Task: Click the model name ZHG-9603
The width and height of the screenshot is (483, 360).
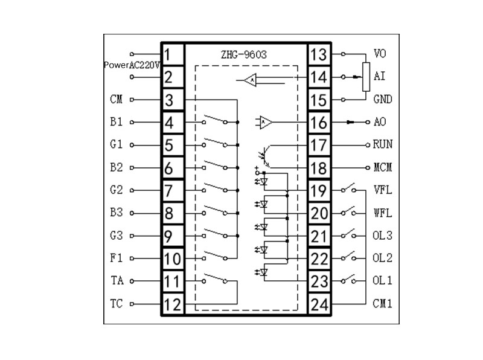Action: coord(244,54)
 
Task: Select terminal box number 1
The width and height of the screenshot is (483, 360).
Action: coord(173,55)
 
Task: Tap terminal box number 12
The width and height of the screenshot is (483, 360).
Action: coord(173,304)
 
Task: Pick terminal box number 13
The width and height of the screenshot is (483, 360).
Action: coord(319,55)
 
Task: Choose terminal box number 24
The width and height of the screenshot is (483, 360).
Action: coord(319,304)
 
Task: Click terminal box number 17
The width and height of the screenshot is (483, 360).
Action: coord(319,145)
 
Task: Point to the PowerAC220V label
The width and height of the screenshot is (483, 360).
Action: coord(132,65)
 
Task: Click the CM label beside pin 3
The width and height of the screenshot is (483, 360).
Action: coord(116,99)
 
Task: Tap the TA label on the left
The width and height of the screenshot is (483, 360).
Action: coord(117,280)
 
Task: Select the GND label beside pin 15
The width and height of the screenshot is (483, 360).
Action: coord(383,99)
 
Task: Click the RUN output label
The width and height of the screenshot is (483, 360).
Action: coord(383,144)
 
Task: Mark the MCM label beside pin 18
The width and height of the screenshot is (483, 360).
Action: coord(383,167)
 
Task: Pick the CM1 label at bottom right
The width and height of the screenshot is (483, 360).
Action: coord(382,304)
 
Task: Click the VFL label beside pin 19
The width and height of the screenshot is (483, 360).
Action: coord(383,190)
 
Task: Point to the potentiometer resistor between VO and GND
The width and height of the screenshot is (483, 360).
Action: coord(366,77)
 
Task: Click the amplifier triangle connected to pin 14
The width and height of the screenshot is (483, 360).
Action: coord(250,80)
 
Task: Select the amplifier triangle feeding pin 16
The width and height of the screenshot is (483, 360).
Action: coord(266,123)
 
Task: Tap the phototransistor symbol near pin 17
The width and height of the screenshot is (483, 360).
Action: coord(265,156)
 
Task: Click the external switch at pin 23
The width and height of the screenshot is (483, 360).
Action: coord(349,279)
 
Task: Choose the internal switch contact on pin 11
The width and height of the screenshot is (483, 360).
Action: coord(214,278)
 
